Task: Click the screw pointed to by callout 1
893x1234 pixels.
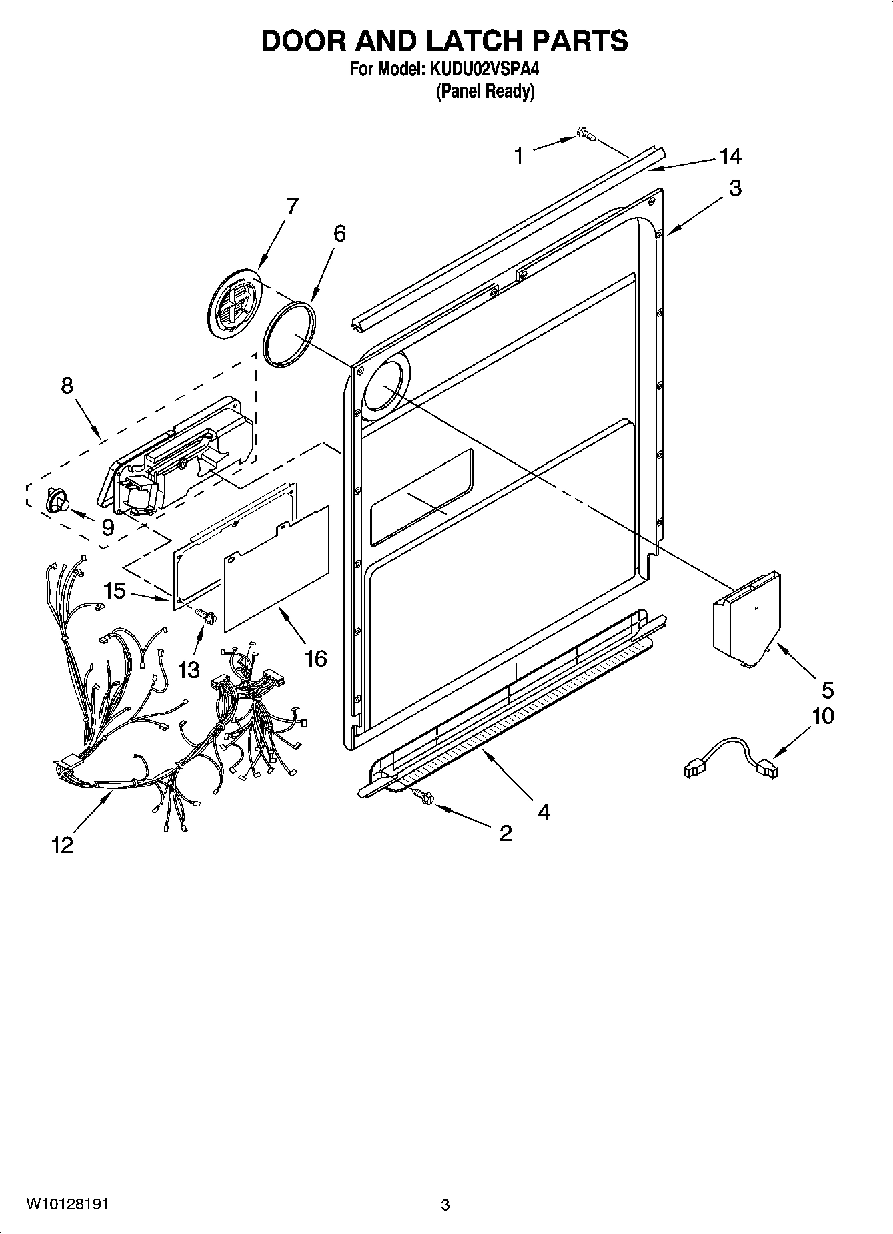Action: (x=586, y=135)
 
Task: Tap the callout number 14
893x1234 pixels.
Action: (x=730, y=157)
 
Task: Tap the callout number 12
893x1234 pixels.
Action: (x=62, y=845)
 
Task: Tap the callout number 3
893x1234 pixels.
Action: (x=734, y=188)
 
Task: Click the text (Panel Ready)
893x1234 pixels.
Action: (x=485, y=91)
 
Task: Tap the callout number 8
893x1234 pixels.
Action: (x=67, y=386)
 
